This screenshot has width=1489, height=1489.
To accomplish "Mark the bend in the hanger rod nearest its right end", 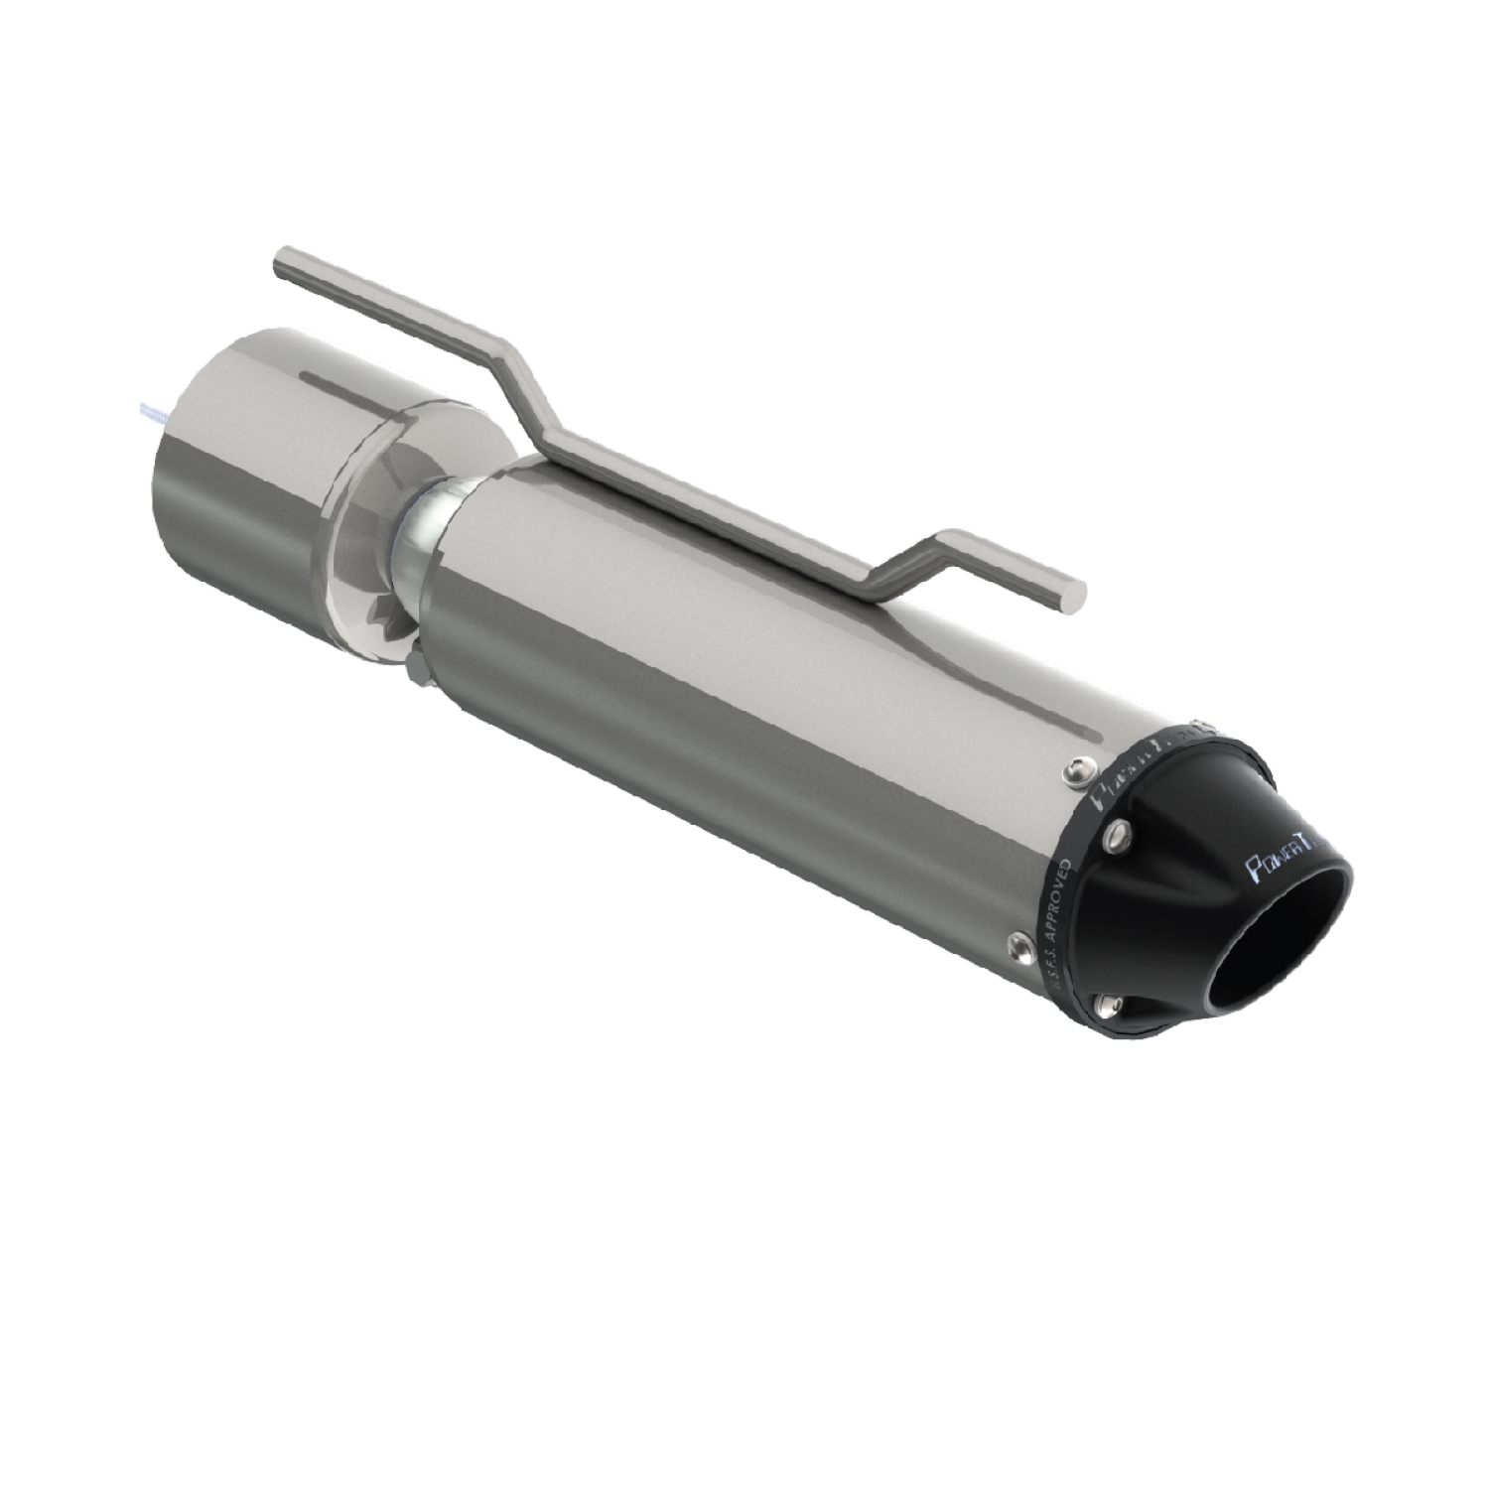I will (x=938, y=541).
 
